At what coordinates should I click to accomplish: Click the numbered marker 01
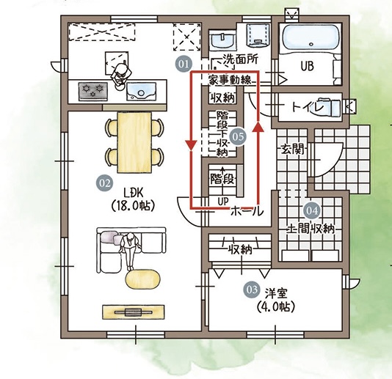click(184, 65)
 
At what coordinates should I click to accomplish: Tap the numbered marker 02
click(104, 183)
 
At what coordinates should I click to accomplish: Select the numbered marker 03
click(252, 290)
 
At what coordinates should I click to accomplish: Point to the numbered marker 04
click(312, 210)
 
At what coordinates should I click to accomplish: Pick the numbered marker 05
click(238, 136)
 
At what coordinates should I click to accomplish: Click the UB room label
click(308, 66)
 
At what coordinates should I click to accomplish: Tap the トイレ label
click(308, 107)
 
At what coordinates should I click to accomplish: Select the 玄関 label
click(293, 150)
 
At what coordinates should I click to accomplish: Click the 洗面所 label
click(240, 59)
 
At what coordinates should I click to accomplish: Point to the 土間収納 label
click(311, 229)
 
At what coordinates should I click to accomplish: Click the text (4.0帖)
click(275, 306)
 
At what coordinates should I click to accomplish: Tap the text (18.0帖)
click(133, 206)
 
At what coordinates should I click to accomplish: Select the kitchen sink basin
click(142, 92)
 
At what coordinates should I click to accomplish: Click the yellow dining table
click(134, 142)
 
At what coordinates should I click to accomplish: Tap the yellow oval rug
click(142, 279)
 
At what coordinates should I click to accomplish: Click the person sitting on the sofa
click(130, 251)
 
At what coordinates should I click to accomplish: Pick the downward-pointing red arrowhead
click(191, 146)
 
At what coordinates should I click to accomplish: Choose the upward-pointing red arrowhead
click(258, 127)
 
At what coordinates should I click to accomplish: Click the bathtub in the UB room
click(311, 37)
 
